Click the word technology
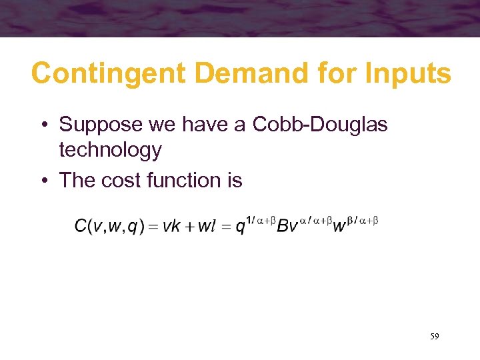(110, 151)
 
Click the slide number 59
(434, 337)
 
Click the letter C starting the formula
(81, 226)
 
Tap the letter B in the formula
(283, 226)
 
